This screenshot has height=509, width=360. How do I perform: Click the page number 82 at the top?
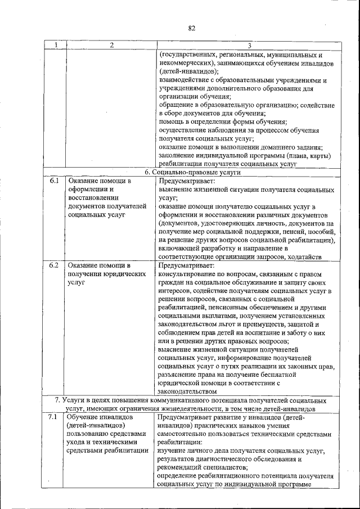(191, 28)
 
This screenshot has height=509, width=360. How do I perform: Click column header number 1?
(55, 45)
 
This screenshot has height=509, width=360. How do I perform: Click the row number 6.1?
(54, 181)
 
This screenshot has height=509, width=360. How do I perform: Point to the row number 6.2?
(54, 264)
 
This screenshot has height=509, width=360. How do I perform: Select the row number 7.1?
(54, 417)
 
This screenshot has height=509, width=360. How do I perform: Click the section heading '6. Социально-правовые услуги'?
(192, 173)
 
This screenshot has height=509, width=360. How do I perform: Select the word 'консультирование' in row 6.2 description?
(188, 273)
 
